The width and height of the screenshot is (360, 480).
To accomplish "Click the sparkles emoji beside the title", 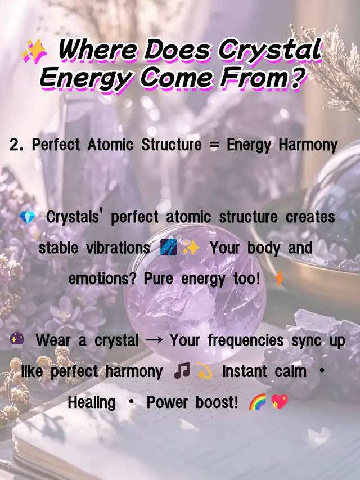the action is pyautogui.click(x=34, y=51).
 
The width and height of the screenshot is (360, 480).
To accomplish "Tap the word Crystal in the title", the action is pyautogui.click(x=270, y=50).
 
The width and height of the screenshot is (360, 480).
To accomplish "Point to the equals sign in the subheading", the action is pyautogui.click(x=214, y=145).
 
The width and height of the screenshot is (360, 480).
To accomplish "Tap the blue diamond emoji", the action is pyautogui.click(x=27, y=218).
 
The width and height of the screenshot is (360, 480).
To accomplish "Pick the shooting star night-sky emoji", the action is pyautogui.click(x=169, y=248).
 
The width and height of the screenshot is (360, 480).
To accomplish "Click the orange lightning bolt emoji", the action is pyautogui.click(x=280, y=279).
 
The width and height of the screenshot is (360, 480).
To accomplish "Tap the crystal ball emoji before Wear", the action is pyautogui.click(x=17, y=339).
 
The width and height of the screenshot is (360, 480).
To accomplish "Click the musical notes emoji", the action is pyautogui.click(x=182, y=371).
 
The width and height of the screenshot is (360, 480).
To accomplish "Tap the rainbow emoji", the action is pyautogui.click(x=258, y=402).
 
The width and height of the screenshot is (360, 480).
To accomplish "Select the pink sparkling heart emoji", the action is pyautogui.click(x=280, y=401).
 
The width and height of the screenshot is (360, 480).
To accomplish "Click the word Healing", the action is pyautogui.click(x=92, y=402).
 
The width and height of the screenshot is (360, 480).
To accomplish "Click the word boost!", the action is pyautogui.click(x=217, y=402).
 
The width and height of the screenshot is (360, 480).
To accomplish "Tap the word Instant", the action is pyautogui.click(x=245, y=371).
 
